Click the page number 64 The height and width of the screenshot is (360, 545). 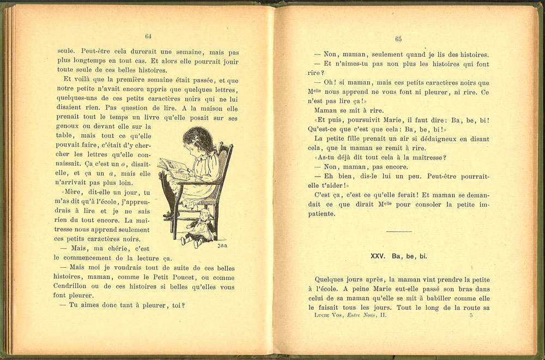point(148,36)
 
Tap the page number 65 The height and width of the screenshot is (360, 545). point(398,39)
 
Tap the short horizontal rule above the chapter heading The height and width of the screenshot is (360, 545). point(398,231)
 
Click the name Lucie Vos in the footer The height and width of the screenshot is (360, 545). point(335,315)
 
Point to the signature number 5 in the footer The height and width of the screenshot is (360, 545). point(470,315)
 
